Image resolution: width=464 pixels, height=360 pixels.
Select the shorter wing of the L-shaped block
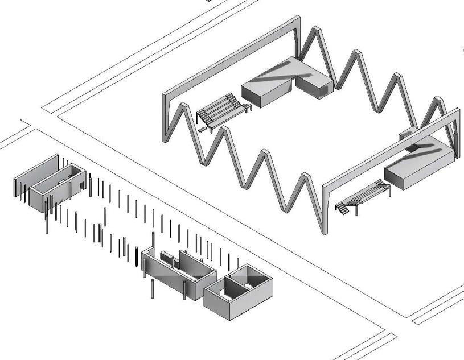click(314, 86)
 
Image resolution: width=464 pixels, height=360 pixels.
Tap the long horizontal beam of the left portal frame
click(233, 57)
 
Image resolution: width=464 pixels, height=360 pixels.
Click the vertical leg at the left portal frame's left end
click(167, 117)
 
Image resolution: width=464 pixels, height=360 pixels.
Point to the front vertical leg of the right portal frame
click(324, 210)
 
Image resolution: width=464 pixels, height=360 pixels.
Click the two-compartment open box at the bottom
click(238, 290)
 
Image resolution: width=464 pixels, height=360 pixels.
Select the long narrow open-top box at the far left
click(57, 185)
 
